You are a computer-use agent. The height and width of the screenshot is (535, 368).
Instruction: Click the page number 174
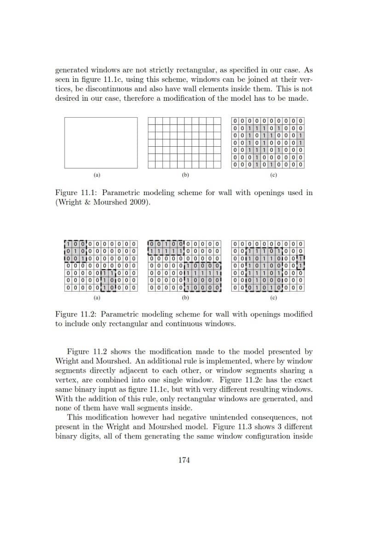(x=184, y=460)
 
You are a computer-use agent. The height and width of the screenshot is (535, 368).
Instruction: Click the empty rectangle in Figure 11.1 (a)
(x=101, y=143)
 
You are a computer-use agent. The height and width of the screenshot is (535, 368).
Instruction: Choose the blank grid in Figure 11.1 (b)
(x=184, y=143)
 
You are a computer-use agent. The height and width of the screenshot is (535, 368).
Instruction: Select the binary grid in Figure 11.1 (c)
(x=268, y=143)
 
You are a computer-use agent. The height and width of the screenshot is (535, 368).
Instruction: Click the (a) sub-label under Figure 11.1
(x=97, y=175)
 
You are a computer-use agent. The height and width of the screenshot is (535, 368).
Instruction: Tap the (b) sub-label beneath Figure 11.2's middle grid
(x=185, y=298)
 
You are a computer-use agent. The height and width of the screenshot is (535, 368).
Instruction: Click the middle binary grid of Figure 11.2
(x=184, y=266)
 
